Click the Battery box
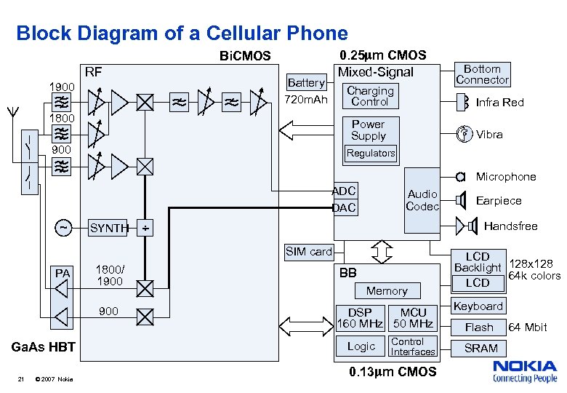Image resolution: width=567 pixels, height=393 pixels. (x=306, y=82)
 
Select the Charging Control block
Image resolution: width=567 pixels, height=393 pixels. (x=370, y=96)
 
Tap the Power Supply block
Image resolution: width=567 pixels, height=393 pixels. (x=369, y=130)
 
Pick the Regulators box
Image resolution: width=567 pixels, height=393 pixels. (x=371, y=153)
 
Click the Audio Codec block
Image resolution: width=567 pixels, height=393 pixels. (x=422, y=200)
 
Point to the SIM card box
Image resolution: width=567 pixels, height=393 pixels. (x=308, y=252)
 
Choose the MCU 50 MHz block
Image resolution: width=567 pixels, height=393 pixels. (x=413, y=318)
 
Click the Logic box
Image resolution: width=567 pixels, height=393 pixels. (x=361, y=346)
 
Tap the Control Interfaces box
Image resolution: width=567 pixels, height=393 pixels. (x=413, y=346)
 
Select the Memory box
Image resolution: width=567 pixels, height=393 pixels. (x=387, y=291)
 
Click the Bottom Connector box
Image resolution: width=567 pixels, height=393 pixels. (x=482, y=74)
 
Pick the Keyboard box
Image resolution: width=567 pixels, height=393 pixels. (x=478, y=306)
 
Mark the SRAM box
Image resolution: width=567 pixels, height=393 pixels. (x=480, y=348)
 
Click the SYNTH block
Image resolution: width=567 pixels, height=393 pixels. (x=108, y=228)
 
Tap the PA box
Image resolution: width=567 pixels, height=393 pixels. (x=63, y=273)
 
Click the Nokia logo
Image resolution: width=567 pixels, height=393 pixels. (x=525, y=371)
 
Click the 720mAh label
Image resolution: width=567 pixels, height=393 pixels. (x=306, y=99)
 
